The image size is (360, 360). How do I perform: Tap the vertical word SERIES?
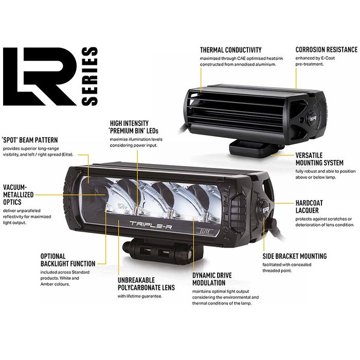click(90, 77)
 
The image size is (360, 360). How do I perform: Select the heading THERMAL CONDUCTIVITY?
click(231, 50)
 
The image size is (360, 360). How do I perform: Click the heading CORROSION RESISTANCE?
click(327, 49)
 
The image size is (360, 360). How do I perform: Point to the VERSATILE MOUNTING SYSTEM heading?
click(319, 159)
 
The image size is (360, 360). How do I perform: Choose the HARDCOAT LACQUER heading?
click(309, 207)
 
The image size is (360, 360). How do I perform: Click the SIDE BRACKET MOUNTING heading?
click(295, 256)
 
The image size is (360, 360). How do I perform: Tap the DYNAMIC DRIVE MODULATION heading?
click(212, 279)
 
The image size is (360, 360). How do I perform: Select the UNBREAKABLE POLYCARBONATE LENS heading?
click(146, 284)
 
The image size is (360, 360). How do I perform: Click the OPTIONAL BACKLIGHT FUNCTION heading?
click(68, 260)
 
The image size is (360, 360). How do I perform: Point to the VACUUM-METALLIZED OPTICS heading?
click(19, 195)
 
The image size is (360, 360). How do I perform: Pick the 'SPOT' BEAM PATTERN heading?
click(30, 140)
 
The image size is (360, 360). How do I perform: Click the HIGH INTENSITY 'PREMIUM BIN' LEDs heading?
click(134, 127)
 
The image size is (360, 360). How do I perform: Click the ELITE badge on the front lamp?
click(205, 231)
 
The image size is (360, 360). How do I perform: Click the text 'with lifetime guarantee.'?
click(140, 296)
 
